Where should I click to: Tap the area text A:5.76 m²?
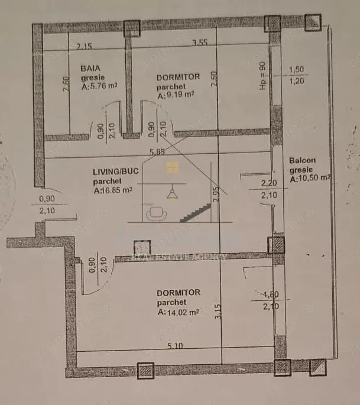click(x=99, y=86)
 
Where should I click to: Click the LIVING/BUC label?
click(x=115, y=171)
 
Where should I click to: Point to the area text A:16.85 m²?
click(x=112, y=190)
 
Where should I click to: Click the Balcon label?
click(x=302, y=160)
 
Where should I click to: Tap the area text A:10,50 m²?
click(x=309, y=179)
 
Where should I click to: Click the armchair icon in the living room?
click(x=157, y=213)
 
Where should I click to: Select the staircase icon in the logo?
click(x=194, y=211)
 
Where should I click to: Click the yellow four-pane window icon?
click(x=173, y=167)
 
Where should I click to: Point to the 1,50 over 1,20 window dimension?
click(x=296, y=76)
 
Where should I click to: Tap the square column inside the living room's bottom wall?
click(x=142, y=248)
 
